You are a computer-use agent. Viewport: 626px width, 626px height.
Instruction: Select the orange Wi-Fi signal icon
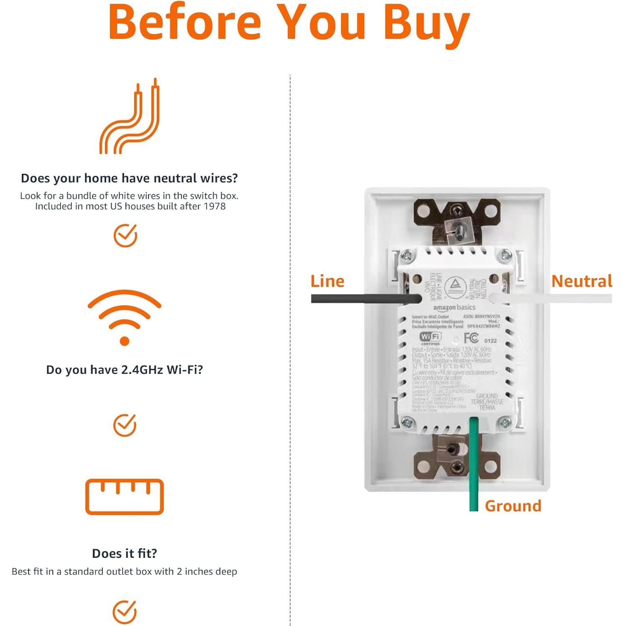coord(125,318)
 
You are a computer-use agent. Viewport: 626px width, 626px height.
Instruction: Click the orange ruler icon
coord(125,496)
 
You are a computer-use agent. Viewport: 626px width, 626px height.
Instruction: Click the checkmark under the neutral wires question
coord(125,235)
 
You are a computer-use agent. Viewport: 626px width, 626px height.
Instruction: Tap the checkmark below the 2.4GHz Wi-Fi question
coord(125,425)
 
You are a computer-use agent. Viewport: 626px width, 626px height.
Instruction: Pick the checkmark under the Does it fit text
coord(125,612)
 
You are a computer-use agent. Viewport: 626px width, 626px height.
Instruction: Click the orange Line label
coord(327,281)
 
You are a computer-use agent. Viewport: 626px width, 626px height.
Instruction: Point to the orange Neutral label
coord(582,281)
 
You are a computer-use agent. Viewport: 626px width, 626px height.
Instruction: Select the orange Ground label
coord(513,506)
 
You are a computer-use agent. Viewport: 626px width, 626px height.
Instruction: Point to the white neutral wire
coord(552,298)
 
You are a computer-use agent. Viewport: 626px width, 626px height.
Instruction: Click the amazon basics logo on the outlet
coord(454,308)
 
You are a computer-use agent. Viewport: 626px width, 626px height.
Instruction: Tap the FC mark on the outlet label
coord(471,338)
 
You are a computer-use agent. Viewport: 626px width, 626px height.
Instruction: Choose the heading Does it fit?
coord(125,553)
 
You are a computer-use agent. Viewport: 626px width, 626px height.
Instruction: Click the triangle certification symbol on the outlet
coord(456,286)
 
